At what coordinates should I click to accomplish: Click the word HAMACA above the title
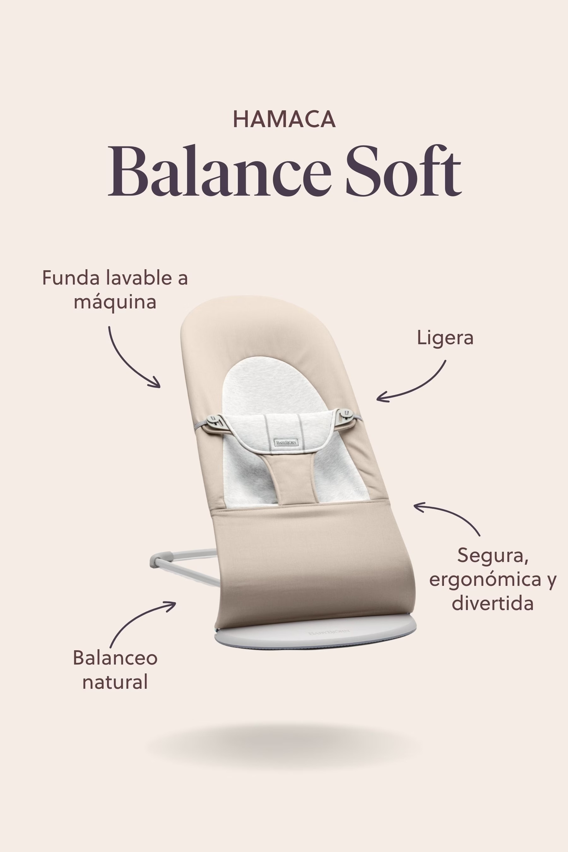[x=284, y=119]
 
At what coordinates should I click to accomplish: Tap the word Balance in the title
[x=220, y=170]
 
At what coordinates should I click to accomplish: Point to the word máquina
[x=115, y=302]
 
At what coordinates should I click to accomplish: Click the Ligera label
[x=445, y=338]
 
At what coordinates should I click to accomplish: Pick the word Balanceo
[x=115, y=658]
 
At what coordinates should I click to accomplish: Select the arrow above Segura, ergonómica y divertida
[x=451, y=512]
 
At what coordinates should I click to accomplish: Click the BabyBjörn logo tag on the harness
[x=286, y=442]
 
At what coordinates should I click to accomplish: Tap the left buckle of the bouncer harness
[x=215, y=421]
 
